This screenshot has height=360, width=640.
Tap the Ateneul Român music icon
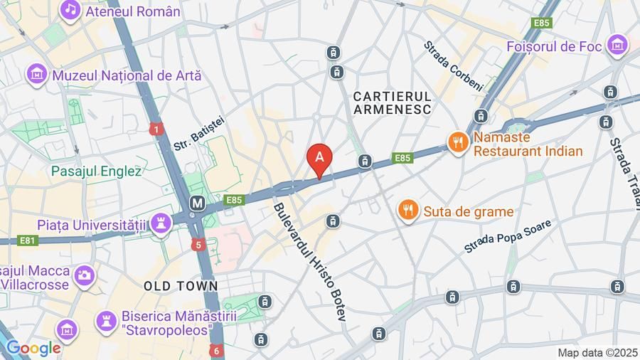[70, 10]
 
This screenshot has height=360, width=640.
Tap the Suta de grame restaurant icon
[407, 211]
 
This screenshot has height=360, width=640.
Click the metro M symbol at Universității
[197, 203]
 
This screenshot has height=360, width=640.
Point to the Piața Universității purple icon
[161, 223]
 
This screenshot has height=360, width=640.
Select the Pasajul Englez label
[96, 171]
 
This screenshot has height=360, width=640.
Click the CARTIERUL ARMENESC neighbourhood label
[392, 102]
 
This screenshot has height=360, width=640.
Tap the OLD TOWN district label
[181, 286]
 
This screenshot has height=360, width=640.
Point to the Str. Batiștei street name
[198, 133]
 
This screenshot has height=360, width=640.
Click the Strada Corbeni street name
[453, 65]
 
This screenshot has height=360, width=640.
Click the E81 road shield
[27, 240]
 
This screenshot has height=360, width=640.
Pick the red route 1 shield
[156, 129]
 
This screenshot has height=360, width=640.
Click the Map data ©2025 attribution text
[597, 352]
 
